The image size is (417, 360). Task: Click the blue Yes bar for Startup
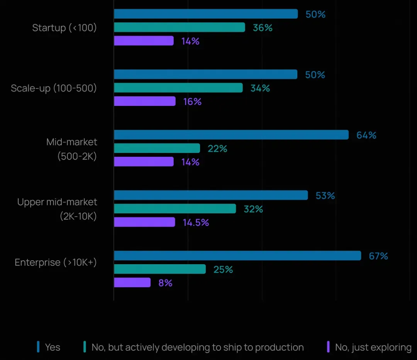(x=206, y=14)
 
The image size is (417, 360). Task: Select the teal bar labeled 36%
(x=180, y=27)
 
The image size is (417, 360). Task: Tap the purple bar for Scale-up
(x=145, y=101)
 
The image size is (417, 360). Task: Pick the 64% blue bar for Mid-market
(x=231, y=135)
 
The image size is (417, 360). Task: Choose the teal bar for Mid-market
(x=157, y=148)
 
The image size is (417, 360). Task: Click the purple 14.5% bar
(x=144, y=222)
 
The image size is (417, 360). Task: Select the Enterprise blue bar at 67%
(x=237, y=256)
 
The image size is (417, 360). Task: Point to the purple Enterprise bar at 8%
(x=132, y=282)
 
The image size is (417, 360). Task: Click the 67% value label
(x=378, y=256)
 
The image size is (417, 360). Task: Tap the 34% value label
(x=260, y=88)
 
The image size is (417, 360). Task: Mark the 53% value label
(x=325, y=195)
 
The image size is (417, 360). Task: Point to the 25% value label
(x=223, y=270)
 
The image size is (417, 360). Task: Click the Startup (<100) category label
(x=64, y=28)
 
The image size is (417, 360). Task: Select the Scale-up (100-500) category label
(x=54, y=88)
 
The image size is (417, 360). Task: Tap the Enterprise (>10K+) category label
(x=56, y=263)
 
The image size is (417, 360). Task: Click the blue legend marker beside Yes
(x=38, y=347)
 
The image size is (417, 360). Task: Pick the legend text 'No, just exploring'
(x=373, y=347)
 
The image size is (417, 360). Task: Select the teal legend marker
(x=85, y=347)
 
